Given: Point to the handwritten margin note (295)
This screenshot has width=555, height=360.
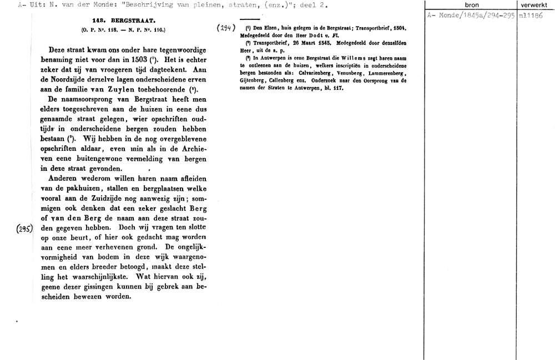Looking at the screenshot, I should (24, 227).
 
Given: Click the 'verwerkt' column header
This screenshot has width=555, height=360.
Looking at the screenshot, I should (534, 5).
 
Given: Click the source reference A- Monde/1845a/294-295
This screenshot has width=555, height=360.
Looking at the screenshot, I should (471, 16).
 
